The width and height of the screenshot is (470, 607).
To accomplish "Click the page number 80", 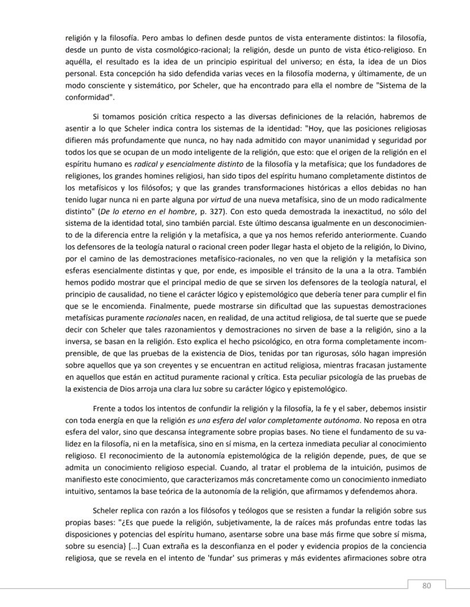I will click(x=426, y=586).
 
